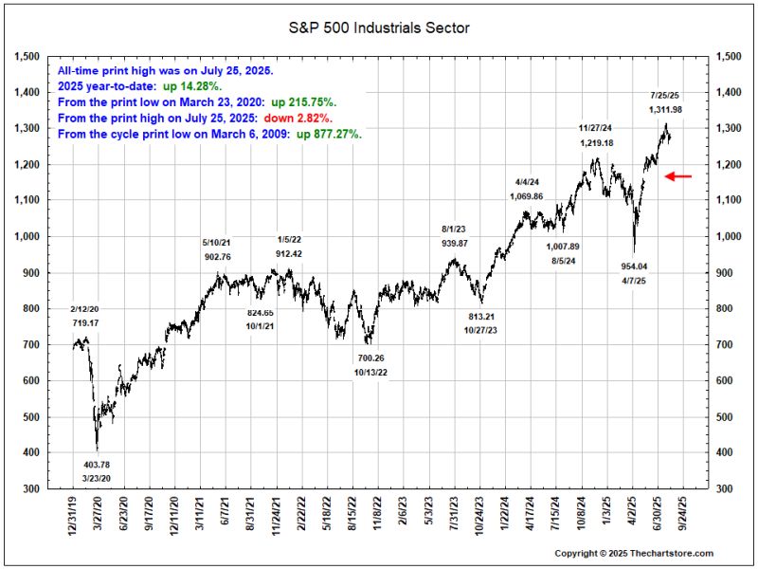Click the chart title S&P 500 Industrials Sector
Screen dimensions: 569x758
379,28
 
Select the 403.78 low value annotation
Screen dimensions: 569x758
98,464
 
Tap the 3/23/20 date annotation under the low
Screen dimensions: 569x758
98,479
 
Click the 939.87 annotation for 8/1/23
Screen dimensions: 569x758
456,242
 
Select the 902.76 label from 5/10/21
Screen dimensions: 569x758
217,256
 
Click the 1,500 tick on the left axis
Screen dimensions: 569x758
27,57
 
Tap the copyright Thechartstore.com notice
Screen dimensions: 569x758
633,553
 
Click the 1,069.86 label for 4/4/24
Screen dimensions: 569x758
529,196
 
